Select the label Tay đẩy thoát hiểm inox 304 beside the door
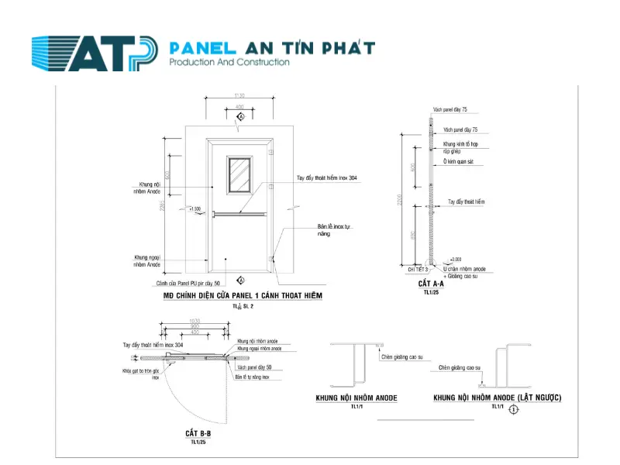point(327,178)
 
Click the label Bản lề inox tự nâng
point(334,230)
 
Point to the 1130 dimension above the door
point(240,95)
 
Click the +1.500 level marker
point(195,209)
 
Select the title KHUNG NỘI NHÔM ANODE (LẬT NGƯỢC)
point(497,398)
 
